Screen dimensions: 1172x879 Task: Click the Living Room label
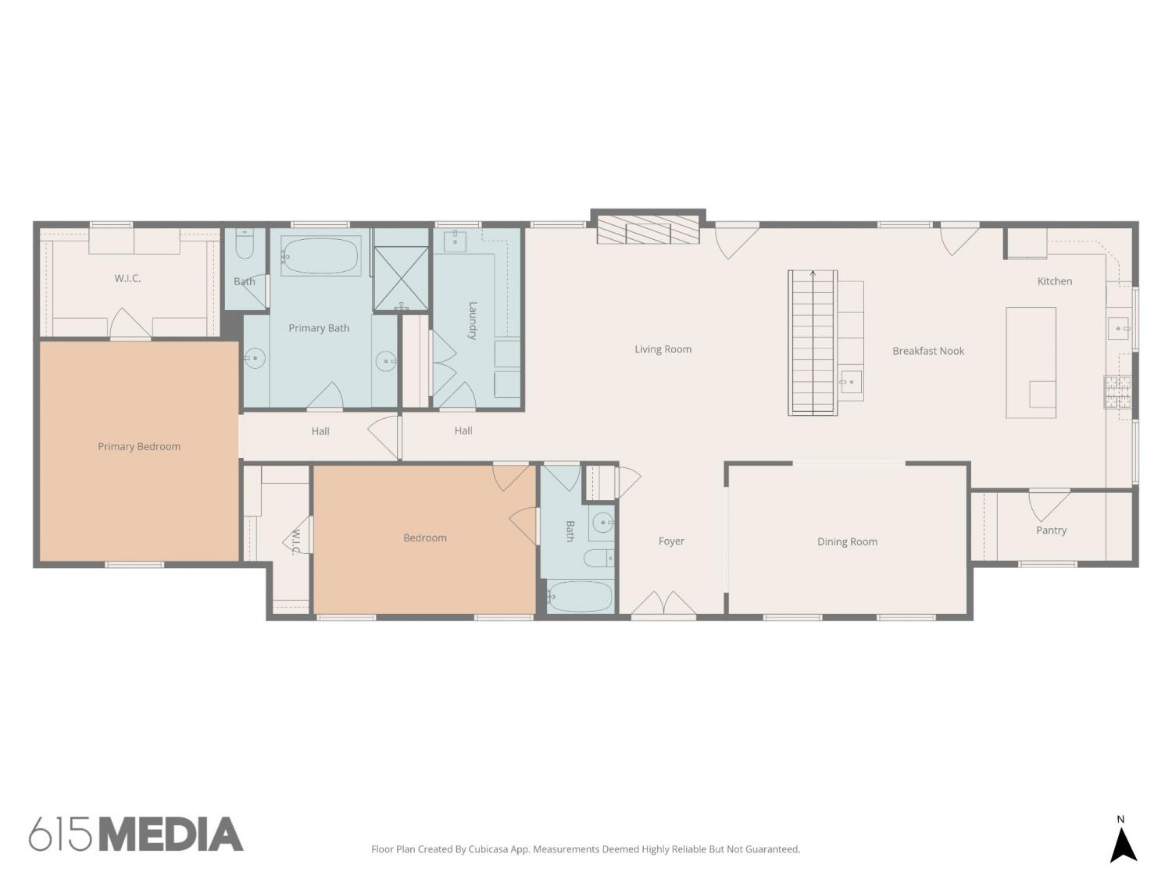click(x=663, y=349)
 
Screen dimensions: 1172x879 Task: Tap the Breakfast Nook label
click(x=928, y=351)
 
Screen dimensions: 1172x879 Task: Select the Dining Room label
click(x=847, y=541)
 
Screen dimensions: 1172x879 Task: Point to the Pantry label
click(x=1051, y=530)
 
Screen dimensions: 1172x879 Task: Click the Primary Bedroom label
click(x=139, y=446)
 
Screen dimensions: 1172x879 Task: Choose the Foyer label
click(x=670, y=541)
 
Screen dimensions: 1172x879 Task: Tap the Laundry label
click(x=473, y=320)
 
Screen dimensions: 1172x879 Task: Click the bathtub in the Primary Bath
click(x=320, y=255)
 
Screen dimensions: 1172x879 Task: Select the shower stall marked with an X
click(x=401, y=278)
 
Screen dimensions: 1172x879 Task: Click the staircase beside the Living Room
click(x=812, y=343)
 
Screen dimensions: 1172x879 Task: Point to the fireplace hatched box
click(x=648, y=230)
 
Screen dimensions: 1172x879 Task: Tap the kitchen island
click(x=1031, y=363)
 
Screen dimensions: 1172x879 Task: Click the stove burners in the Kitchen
click(x=1117, y=391)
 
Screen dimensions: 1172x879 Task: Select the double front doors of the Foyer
click(x=663, y=603)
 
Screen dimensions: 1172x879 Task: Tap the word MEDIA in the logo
click(x=172, y=834)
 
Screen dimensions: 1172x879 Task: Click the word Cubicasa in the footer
click(x=488, y=849)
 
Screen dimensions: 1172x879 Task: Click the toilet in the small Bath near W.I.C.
click(x=244, y=245)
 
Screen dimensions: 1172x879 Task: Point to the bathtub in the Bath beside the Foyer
click(x=579, y=596)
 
